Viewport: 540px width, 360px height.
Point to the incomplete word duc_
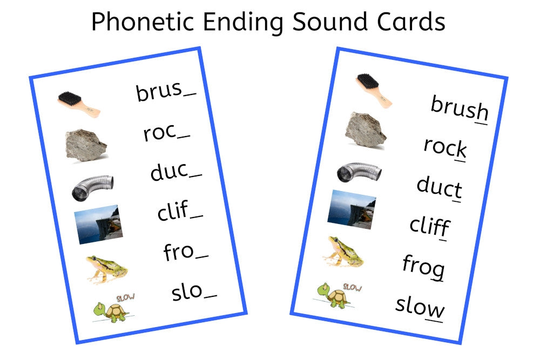176,172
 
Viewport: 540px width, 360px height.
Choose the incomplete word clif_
180,212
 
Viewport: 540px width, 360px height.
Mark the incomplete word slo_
194,292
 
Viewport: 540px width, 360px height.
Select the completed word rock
445,147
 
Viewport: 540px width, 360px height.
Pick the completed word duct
439,187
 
